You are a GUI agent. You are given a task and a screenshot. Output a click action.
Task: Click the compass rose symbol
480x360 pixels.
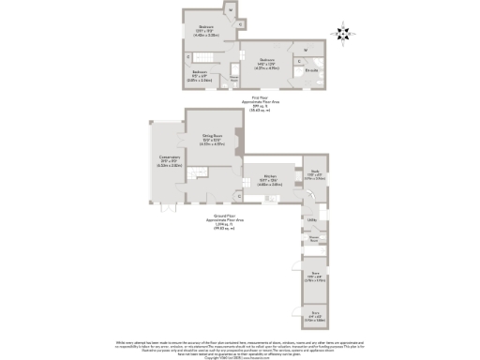click(x=343, y=35)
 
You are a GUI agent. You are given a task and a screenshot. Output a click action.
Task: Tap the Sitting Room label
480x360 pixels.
click(x=212, y=139)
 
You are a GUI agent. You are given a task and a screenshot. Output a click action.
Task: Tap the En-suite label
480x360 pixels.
click(x=312, y=70)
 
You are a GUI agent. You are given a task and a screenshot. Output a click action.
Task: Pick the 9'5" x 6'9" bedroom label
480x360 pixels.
click(x=200, y=74)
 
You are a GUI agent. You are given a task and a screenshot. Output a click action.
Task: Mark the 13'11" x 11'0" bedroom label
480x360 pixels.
click(x=204, y=31)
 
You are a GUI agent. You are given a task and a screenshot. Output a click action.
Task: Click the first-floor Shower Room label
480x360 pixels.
click(x=233, y=81)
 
